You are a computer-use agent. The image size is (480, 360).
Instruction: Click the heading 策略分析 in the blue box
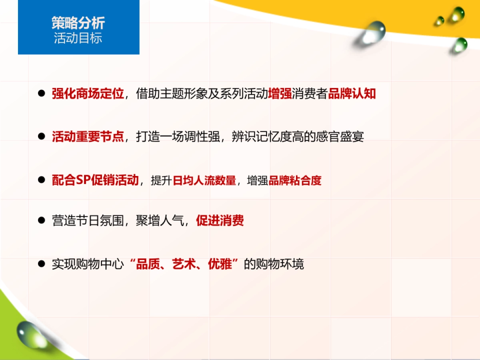(78, 23)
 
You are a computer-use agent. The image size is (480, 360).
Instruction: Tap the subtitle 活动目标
(78, 38)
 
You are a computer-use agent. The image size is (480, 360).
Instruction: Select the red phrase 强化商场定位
(88, 94)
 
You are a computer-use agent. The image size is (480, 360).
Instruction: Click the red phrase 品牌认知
(352, 94)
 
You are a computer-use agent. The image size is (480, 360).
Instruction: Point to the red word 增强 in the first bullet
(280, 94)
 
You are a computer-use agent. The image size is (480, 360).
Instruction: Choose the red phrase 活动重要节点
(88, 137)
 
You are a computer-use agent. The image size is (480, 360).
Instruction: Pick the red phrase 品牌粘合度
(295, 180)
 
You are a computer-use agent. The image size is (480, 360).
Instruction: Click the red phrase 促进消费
(220, 221)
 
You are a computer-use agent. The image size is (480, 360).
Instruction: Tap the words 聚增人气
(160, 221)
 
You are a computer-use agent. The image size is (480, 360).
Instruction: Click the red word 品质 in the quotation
(148, 264)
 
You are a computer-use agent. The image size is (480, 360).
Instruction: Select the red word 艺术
(184, 264)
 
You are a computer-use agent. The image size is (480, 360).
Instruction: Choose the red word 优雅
(220, 264)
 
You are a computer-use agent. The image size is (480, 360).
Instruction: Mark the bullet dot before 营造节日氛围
(41, 220)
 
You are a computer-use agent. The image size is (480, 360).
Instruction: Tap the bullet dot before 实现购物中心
(41, 264)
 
